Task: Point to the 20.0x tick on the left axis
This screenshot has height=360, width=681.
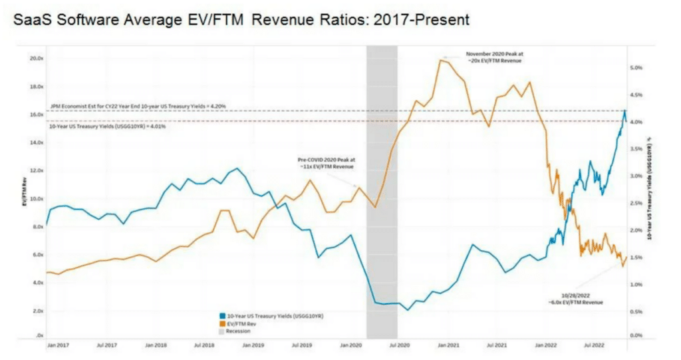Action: pos(35,59)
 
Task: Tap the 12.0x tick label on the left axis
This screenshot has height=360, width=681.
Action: pos(35,170)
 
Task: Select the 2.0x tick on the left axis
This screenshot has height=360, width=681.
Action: pos(37,311)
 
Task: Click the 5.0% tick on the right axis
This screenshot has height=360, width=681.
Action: pos(634,68)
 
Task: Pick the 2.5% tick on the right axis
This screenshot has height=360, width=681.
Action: pos(634,203)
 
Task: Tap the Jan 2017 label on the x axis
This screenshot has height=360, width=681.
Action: pos(58,346)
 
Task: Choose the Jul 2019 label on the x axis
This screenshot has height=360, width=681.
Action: pos(302,346)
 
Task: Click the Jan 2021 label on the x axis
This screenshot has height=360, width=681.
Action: pos(448,346)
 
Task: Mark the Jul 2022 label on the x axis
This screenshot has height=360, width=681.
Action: pos(595,346)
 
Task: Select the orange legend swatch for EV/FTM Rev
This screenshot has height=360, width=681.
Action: pos(221,322)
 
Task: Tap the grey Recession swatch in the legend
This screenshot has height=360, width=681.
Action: pos(221,330)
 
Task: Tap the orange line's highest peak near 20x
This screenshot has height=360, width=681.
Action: pos(441,61)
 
